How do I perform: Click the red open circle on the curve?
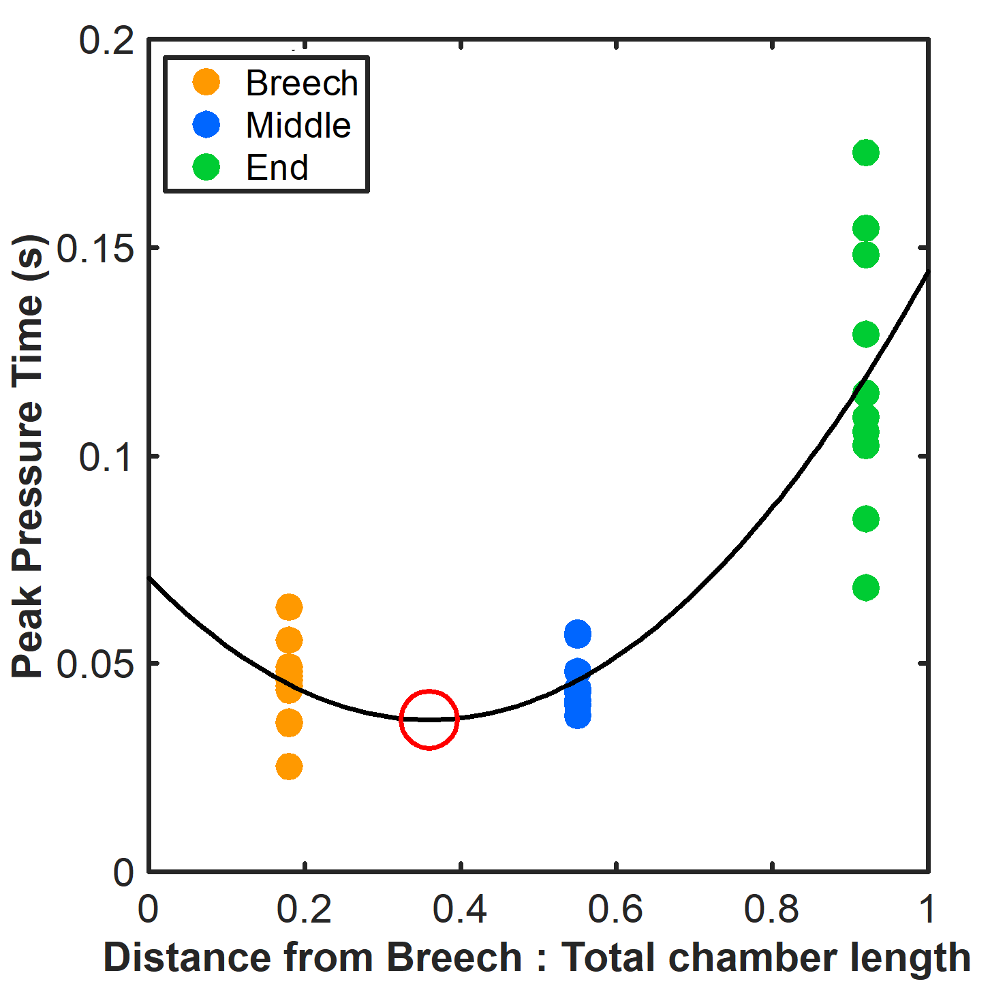click(x=429, y=719)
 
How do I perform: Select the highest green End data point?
click(x=865, y=153)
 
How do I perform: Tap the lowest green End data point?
click(x=865, y=587)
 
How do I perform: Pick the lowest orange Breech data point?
click(x=289, y=767)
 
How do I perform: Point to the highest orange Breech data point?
click(x=289, y=606)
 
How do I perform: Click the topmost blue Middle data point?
click(x=577, y=634)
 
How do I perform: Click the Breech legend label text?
click(x=302, y=83)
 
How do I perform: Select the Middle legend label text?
click(x=298, y=125)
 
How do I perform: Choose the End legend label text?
click(x=277, y=168)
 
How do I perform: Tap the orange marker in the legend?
click(x=206, y=82)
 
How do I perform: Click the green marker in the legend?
click(x=206, y=167)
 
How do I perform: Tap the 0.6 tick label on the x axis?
click(x=615, y=910)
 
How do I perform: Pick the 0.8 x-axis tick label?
click(x=771, y=910)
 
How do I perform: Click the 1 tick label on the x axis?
click(x=927, y=910)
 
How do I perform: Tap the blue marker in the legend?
click(x=206, y=125)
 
